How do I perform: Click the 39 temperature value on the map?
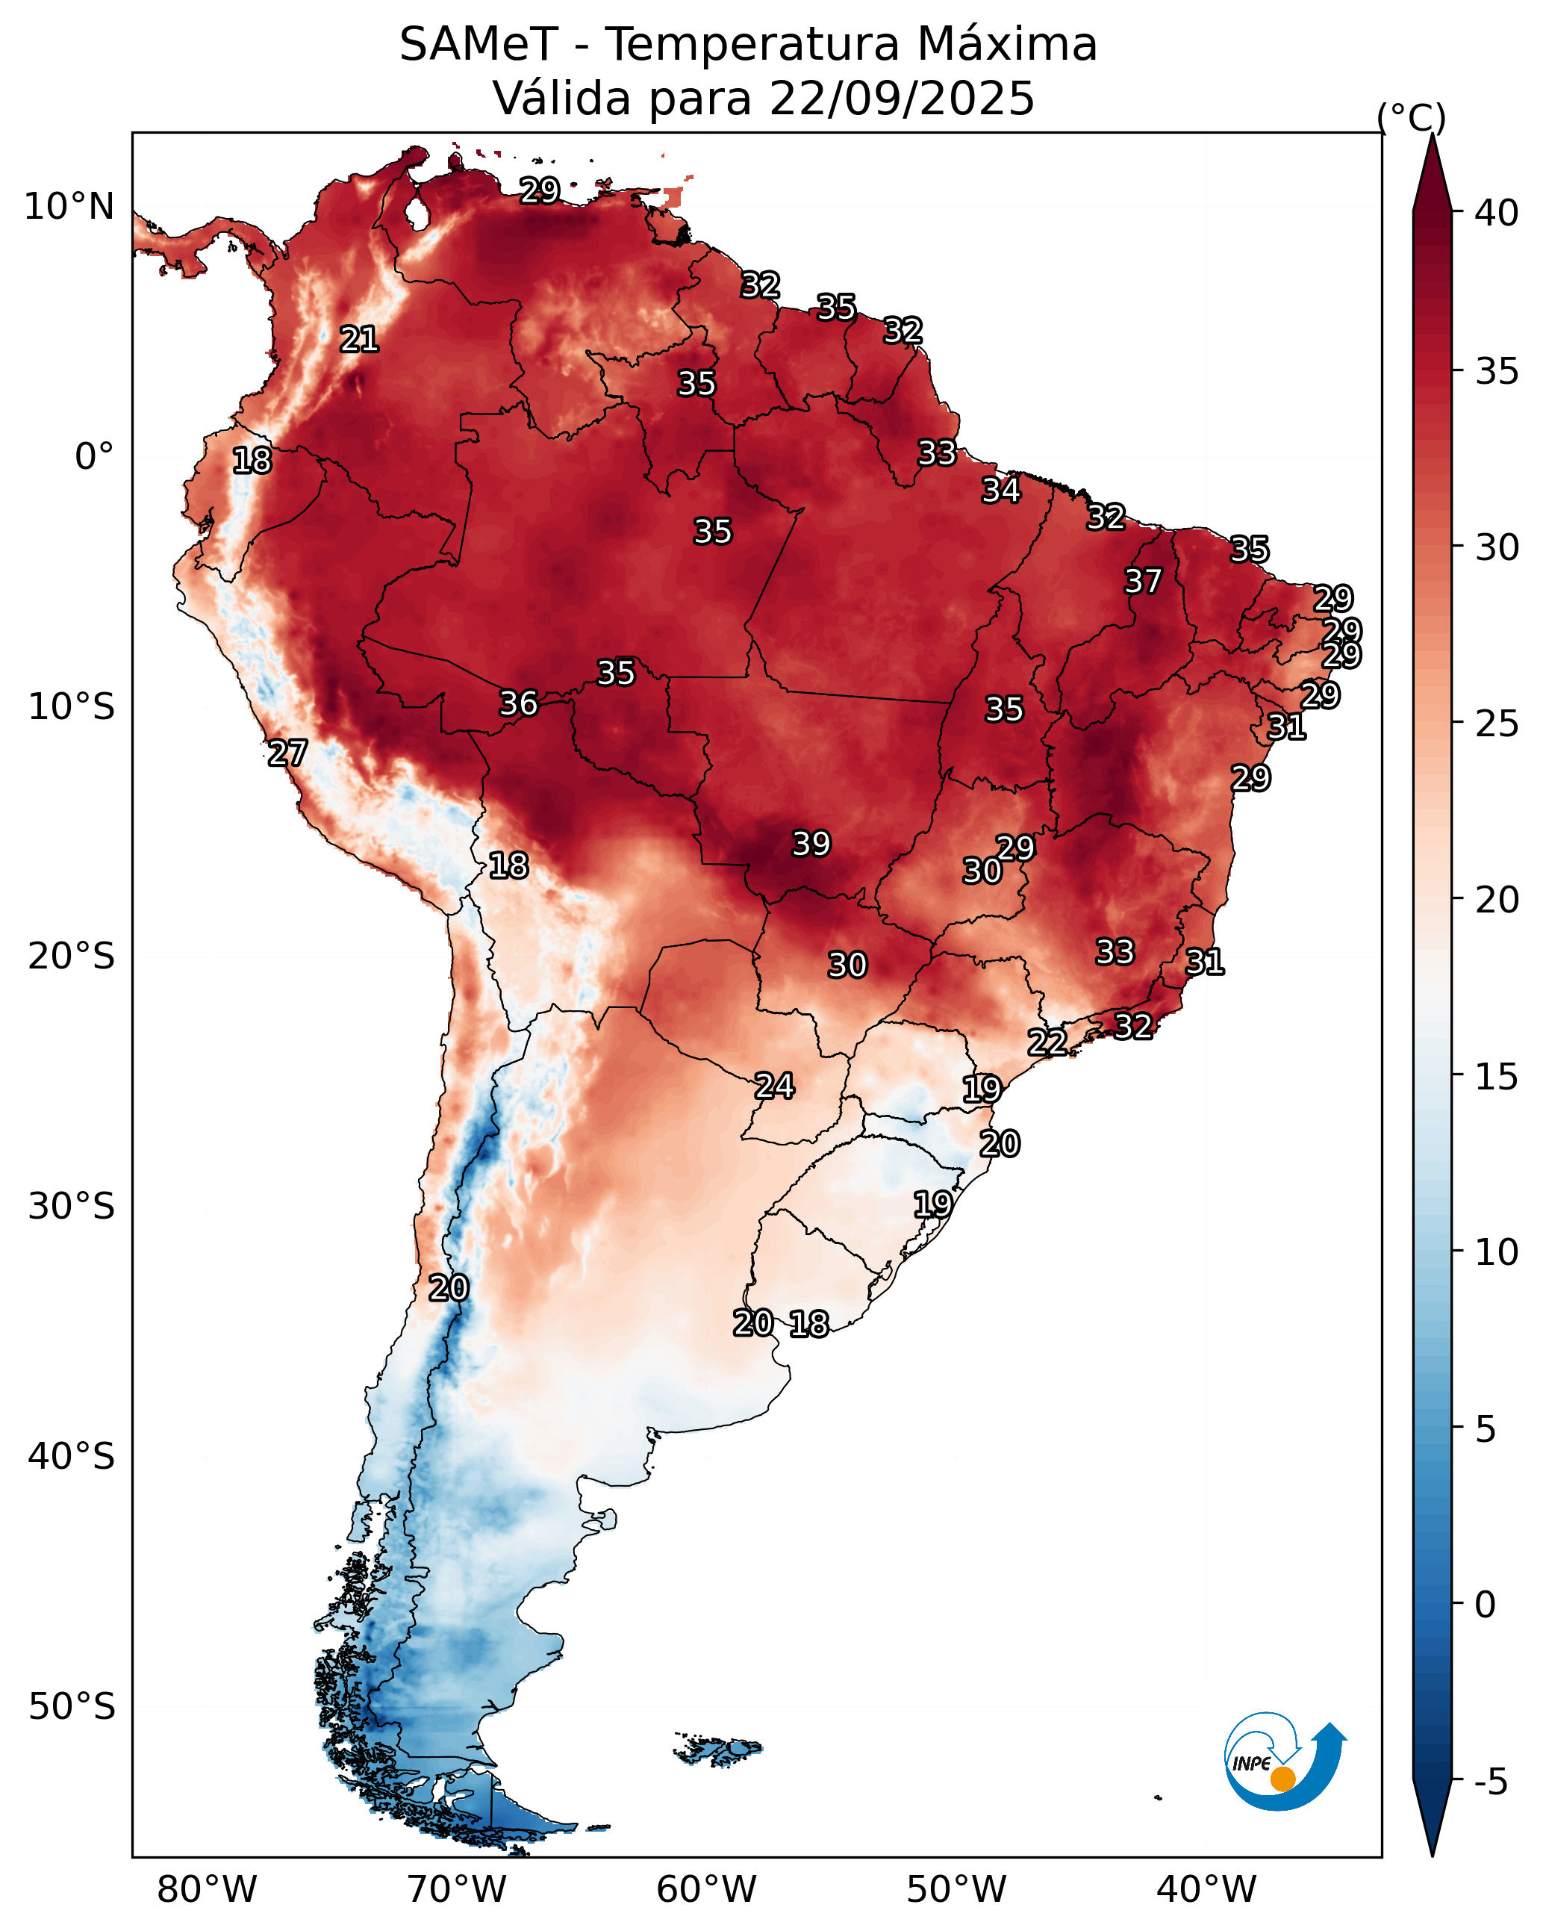pos(811,844)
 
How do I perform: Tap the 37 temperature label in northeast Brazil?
pos(1143,581)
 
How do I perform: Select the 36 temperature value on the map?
pos(519,703)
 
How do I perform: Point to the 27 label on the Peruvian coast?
pos(287,753)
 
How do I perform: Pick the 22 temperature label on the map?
pos(1047,1042)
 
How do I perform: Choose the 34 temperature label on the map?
pos(1000,490)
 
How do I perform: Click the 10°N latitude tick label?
pos(69,207)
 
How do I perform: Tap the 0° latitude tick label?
pos(94,457)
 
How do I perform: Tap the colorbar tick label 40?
pos(1497,213)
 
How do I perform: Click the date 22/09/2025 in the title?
pos(901,98)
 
